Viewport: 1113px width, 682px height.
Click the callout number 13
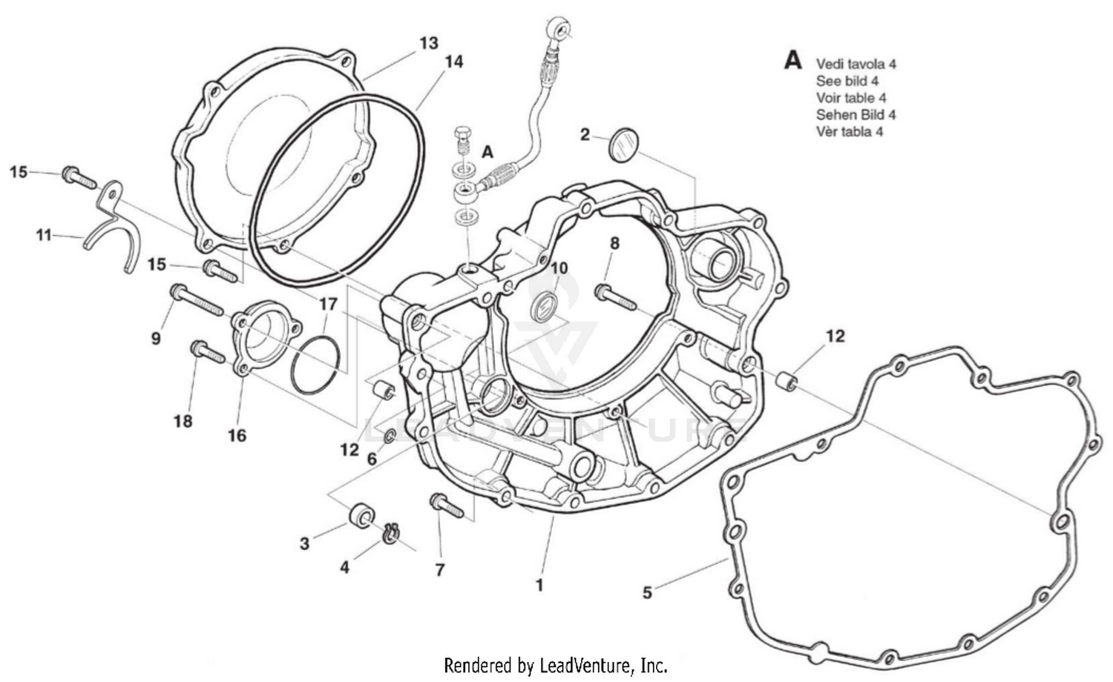pos(429,44)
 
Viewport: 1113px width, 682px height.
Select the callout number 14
pos(453,62)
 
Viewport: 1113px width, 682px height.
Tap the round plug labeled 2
pos(623,144)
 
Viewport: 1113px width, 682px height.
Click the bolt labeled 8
pos(616,298)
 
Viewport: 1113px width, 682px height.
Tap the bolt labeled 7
pos(447,507)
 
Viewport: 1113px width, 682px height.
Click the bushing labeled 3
pos(361,515)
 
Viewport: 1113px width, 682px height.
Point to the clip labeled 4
pos(392,532)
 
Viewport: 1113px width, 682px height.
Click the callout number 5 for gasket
pos(647,593)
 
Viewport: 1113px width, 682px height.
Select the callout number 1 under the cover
pos(539,585)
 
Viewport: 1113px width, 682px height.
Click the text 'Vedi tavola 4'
pos(856,64)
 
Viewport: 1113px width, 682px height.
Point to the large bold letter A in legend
pos(793,60)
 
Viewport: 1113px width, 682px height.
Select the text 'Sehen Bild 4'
pos(856,115)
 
